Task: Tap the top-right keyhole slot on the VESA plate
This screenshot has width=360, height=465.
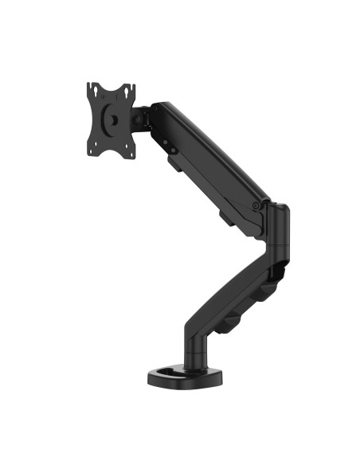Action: point(128,90)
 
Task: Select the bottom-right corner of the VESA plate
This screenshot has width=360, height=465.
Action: point(131,147)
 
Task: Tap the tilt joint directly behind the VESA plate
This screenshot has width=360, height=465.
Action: point(143,117)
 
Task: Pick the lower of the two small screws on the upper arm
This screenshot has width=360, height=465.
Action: point(169,147)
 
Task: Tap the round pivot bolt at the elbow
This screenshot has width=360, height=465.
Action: point(255,205)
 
